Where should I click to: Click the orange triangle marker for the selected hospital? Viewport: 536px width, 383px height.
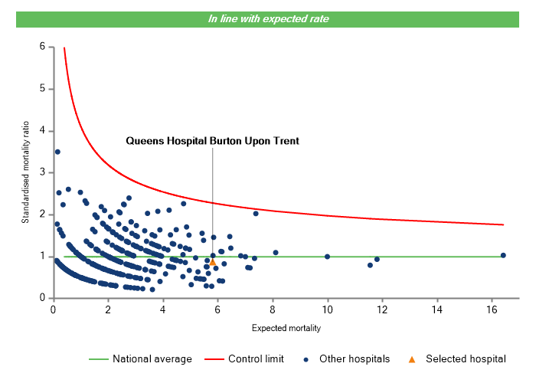coord(213,263)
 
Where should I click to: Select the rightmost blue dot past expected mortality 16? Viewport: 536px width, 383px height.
coord(503,255)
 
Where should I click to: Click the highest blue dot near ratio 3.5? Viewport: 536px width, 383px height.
coord(57,152)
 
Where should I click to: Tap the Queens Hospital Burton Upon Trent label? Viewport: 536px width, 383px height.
coord(212,141)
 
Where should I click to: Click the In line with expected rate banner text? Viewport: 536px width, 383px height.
coord(268,19)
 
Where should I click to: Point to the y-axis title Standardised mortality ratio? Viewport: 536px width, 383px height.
coord(25,172)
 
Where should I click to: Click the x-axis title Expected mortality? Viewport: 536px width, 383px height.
coord(286,329)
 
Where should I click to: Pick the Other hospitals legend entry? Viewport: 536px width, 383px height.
coord(349,358)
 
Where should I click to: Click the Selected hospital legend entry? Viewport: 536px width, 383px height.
coord(459,358)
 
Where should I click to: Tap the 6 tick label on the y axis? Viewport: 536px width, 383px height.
coord(42,47)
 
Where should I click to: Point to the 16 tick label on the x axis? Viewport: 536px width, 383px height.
coord(492,309)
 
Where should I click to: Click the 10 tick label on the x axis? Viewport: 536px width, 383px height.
coord(328,309)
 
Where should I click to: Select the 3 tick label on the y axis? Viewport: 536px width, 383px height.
coord(42,172)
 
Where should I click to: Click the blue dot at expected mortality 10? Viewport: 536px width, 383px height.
coord(328,257)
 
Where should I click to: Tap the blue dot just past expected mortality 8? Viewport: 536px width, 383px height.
coord(276,253)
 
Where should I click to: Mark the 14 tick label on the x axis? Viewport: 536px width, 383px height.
coord(437,309)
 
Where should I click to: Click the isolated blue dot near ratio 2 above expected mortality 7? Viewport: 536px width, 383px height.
coord(256,214)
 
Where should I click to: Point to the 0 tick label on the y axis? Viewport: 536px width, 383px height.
coord(42,298)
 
